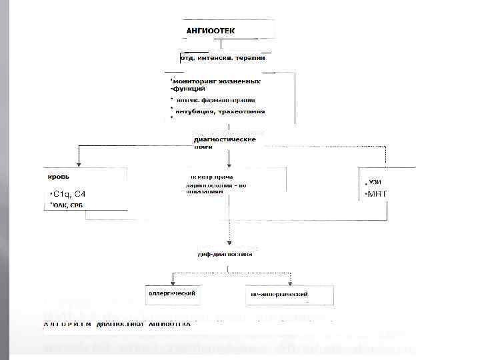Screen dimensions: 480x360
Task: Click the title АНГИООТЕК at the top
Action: click(210, 31)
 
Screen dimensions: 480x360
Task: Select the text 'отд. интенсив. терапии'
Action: click(223, 57)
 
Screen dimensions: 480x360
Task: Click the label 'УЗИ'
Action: click(376, 182)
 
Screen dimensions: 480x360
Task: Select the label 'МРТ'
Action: click(377, 194)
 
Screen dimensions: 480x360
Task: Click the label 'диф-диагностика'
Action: click(225, 255)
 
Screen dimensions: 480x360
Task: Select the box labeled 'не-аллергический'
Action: click(279, 293)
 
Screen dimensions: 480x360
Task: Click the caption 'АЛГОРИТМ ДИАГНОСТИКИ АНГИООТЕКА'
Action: click(117, 324)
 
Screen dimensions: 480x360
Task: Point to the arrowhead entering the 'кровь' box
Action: click(79, 163)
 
